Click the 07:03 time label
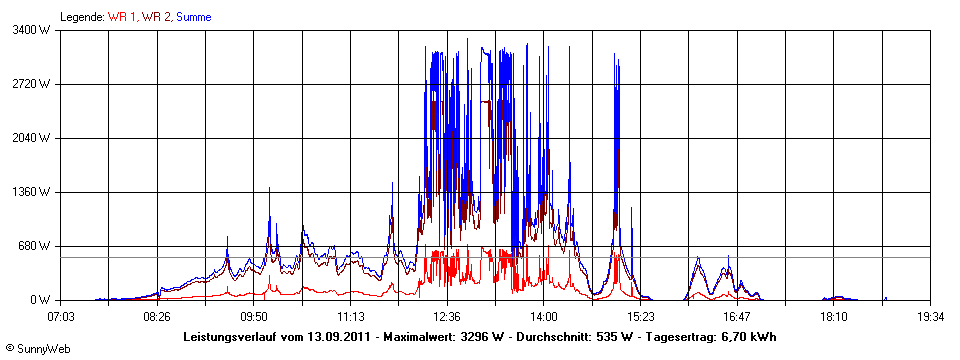tap(62, 317)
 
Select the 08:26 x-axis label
tap(157, 317)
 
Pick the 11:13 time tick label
tap(350, 317)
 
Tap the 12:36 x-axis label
tap(447, 317)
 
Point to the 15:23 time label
tap(640, 317)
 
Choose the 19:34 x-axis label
tap(930, 317)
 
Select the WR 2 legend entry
tap(157, 17)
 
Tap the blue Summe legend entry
tap(194, 17)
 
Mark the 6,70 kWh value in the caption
tap(746, 337)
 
